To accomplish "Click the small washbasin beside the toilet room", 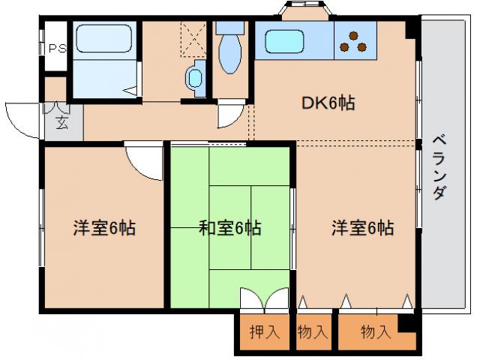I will (196, 76).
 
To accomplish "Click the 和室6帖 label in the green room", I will (229, 228).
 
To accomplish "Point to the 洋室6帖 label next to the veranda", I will (363, 228).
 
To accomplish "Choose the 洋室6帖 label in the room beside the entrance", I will (104, 228).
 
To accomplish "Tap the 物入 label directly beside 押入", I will (312, 331).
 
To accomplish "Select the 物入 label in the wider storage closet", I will (376, 331).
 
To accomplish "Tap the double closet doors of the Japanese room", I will (264, 298).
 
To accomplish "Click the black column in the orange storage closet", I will (406, 325).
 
